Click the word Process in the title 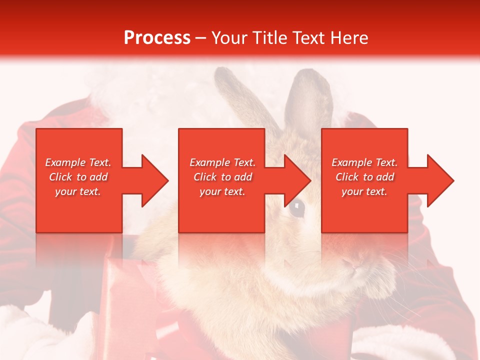(157, 38)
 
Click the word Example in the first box (65, 162)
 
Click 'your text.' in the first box (78, 191)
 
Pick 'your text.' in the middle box (222, 191)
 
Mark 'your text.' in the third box (364, 191)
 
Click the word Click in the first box (61, 177)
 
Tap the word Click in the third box (347, 177)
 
